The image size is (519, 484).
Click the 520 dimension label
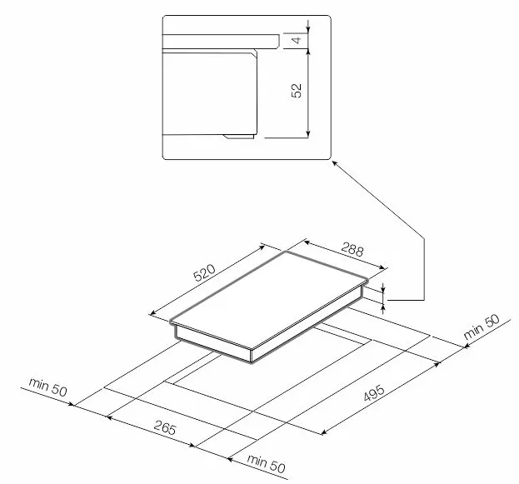pyautogui.click(x=204, y=272)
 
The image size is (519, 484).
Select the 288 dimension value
pyautogui.click(x=352, y=249)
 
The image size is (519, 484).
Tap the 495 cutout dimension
pyautogui.click(x=374, y=392)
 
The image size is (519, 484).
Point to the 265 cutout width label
pyautogui.click(x=164, y=427)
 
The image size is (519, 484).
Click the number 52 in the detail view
pyautogui.click(x=297, y=90)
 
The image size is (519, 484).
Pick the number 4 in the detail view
pyautogui.click(x=297, y=40)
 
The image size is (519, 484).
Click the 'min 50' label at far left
pyautogui.click(x=48, y=387)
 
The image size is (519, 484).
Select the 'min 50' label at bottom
pyautogui.click(x=266, y=464)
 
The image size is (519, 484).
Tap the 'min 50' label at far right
pyautogui.click(x=482, y=327)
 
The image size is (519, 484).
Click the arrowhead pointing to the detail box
pyautogui.click(x=334, y=163)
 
